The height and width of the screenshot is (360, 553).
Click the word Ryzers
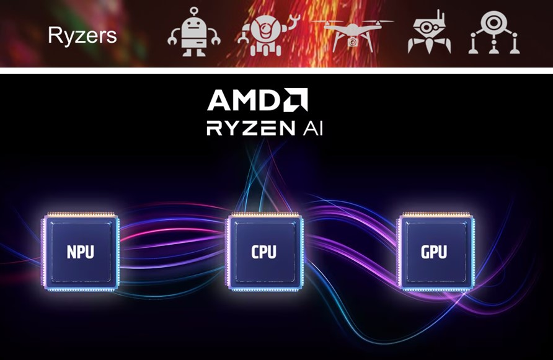(x=82, y=35)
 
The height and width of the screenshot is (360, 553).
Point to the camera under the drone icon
(x=352, y=42)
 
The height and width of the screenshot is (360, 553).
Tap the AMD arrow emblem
(x=295, y=100)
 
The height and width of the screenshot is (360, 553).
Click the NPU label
(x=81, y=253)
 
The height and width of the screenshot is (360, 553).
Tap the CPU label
(x=263, y=253)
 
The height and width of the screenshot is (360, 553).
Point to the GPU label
(x=434, y=253)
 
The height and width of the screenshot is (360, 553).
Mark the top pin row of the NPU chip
(x=81, y=214)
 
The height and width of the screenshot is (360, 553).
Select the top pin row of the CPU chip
(x=263, y=214)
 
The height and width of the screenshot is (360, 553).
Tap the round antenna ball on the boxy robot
(x=194, y=11)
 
